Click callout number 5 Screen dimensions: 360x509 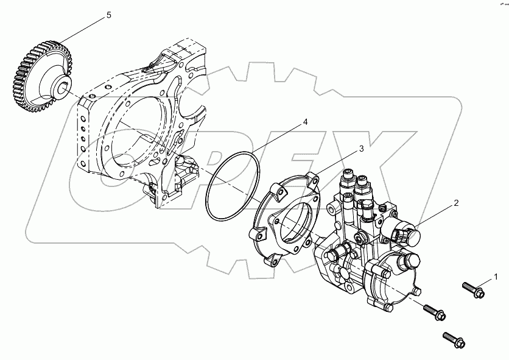(109, 15)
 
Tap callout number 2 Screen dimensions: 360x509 (456, 204)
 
